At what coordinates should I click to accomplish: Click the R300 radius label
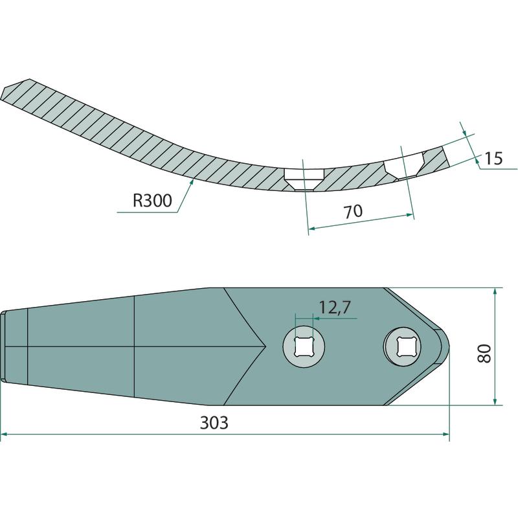point(152,201)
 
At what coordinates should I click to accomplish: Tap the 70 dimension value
point(353,212)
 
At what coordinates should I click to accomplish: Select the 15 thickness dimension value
point(493,159)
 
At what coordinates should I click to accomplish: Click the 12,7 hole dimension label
point(334,308)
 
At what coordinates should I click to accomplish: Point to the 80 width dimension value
point(485,354)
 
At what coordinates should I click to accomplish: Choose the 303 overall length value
point(214,423)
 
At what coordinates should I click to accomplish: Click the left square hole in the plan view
point(304,346)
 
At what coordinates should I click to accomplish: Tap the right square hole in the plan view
point(402,346)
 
